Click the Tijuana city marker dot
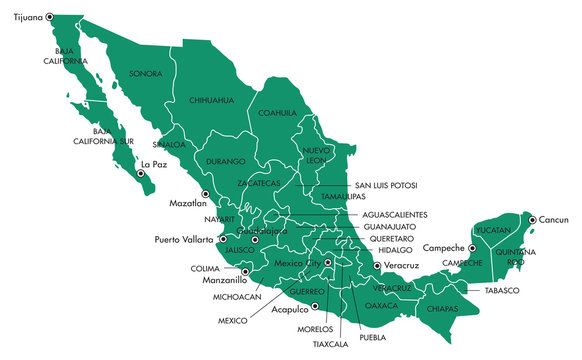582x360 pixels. (49, 18)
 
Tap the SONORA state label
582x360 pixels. (146, 73)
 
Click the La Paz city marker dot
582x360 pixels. (141, 174)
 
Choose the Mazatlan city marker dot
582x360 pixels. (205, 193)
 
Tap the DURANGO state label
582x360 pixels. (225, 161)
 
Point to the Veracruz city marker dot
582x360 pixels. (377, 266)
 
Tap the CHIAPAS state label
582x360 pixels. (441, 309)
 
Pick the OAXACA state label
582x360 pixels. (381, 304)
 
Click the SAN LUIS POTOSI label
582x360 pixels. (387, 186)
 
